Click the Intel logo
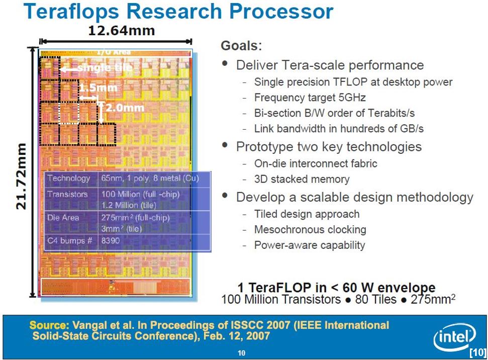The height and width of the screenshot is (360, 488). (x=455, y=337)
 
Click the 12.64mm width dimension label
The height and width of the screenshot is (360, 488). (x=122, y=31)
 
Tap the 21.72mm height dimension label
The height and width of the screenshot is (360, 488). (x=21, y=176)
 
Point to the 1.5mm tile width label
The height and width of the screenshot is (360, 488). (x=99, y=87)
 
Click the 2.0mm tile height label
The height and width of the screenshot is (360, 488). (x=125, y=108)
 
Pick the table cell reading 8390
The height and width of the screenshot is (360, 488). (x=111, y=240)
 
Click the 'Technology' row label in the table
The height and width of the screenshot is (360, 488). (x=68, y=178)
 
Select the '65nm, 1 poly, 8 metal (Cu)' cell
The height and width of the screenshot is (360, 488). (x=150, y=178)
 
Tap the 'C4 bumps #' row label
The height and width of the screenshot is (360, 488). (x=70, y=240)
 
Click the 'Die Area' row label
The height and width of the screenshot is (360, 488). (x=63, y=217)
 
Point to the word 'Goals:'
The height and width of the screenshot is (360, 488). (x=242, y=46)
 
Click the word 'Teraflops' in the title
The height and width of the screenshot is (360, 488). (x=71, y=12)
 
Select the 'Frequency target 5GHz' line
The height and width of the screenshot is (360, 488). (x=310, y=98)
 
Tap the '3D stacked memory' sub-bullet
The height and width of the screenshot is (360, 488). (x=302, y=179)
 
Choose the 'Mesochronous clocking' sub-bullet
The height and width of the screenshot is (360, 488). (x=310, y=229)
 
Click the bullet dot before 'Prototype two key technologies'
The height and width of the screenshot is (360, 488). (x=225, y=145)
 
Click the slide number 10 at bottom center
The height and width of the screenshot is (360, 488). (x=242, y=353)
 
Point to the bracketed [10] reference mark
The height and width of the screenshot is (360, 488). (x=478, y=352)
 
